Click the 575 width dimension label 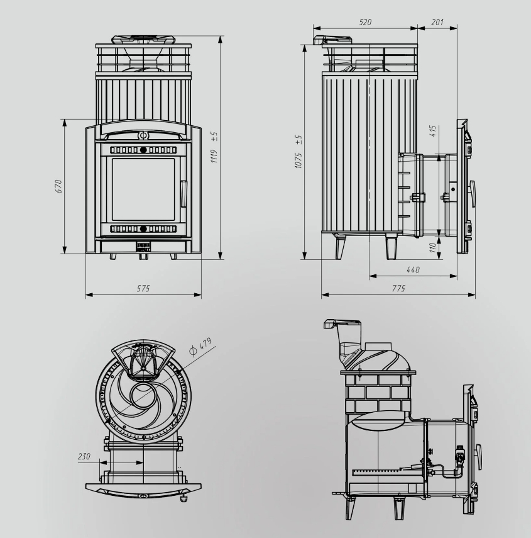coord(143,288)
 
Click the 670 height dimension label coord(57,186)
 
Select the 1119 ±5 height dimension coord(214,146)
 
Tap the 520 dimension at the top coord(365,22)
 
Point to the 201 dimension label coord(437,22)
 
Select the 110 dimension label coord(433,247)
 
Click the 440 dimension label coord(413,269)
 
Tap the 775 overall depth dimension coord(398,288)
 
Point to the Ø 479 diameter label coord(203,346)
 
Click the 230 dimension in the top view coord(84,456)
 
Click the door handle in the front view coord(183,193)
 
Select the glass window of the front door coord(143,189)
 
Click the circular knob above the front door coord(143,135)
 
